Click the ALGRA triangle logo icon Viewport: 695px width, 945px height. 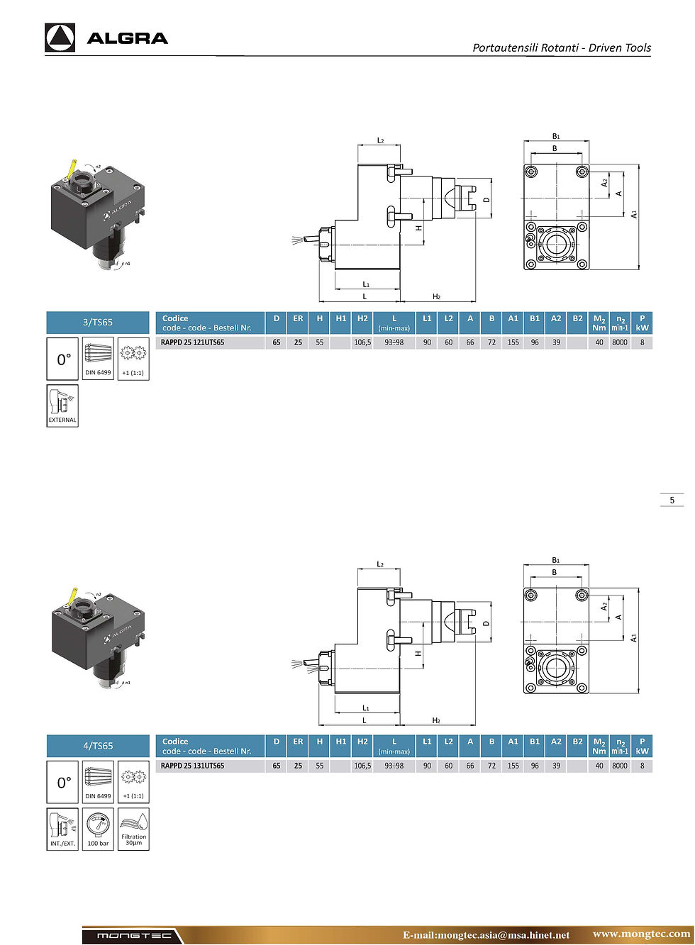pyautogui.click(x=60, y=38)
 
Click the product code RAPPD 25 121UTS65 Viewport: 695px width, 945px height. pyautogui.click(x=192, y=342)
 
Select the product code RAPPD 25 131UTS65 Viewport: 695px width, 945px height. pyautogui.click(x=192, y=766)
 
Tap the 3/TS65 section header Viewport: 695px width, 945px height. pyautogui.click(x=98, y=323)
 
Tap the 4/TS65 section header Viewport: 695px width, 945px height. pyautogui.click(x=98, y=746)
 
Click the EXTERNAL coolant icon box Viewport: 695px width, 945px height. pyautogui.click(x=62, y=406)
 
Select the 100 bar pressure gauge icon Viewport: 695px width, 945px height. pyautogui.click(x=98, y=829)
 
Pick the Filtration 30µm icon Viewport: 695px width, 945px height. pyautogui.click(x=133, y=829)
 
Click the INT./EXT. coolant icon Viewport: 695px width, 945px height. pyautogui.click(x=62, y=829)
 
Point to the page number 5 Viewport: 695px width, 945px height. pyautogui.click(x=672, y=500)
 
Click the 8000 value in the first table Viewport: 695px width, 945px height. pyautogui.click(x=619, y=342)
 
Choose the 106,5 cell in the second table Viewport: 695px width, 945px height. pyautogui.click(x=362, y=766)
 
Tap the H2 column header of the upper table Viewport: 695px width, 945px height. pyautogui.click(x=362, y=318)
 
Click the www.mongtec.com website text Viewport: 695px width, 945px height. pyautogui.click(x=641, y=934)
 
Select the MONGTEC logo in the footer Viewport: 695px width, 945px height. pyautogui.click(x=134, y=936)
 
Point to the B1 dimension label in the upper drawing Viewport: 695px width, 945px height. pyautogui.click(x=556, y=136)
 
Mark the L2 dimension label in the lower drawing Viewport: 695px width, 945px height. pyautogui.click(x=380, y=564)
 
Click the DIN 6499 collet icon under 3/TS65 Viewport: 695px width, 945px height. pyautogui.click(x=98, y=359)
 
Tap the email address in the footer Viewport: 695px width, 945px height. pyautogui.click(x=486, y=935)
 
